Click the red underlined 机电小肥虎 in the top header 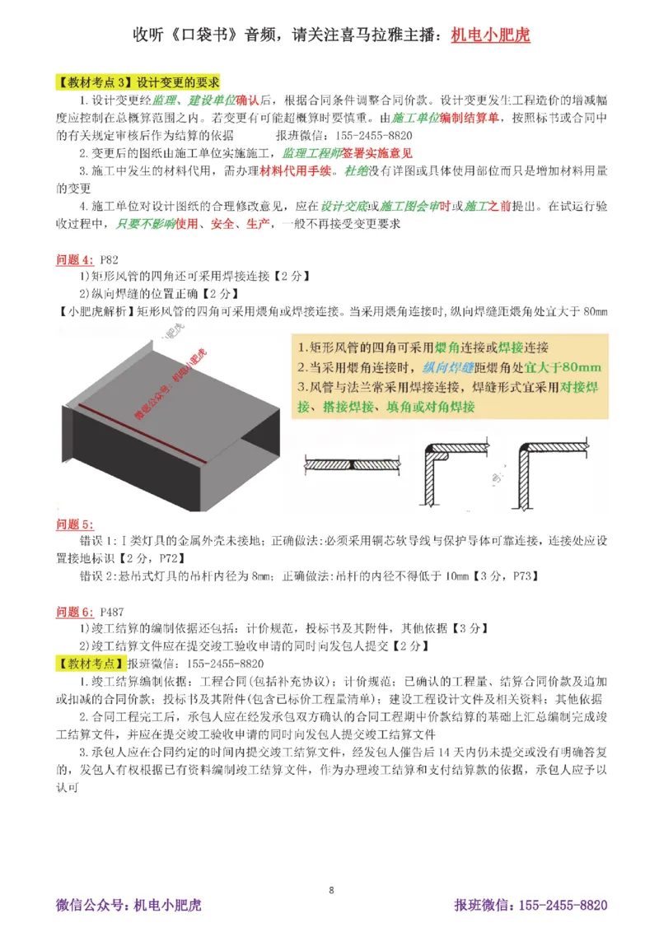(x=491, y=35)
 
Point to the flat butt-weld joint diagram (x=355, y=464)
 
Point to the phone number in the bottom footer (x=560, y=906)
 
